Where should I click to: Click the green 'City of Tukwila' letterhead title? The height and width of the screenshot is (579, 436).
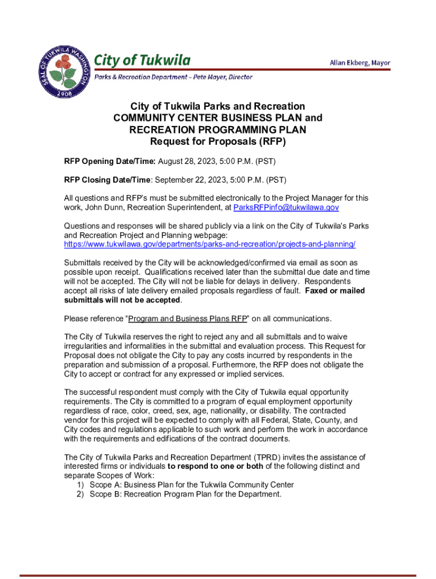tap(142, 60)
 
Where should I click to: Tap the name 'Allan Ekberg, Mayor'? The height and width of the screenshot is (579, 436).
tap(360, 63)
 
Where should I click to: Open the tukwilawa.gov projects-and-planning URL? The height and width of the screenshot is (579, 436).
tap(210, 244)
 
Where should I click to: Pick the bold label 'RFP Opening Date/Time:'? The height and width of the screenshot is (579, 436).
tap(110, 162)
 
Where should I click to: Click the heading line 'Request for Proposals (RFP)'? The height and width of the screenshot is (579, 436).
tap(217, 141)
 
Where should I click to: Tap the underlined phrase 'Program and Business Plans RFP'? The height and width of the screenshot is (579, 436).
tap(188, 318)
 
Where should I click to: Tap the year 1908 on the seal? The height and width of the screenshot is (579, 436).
tap(63, 94)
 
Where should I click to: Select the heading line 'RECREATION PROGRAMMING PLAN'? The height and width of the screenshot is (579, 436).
tap(217, 129)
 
